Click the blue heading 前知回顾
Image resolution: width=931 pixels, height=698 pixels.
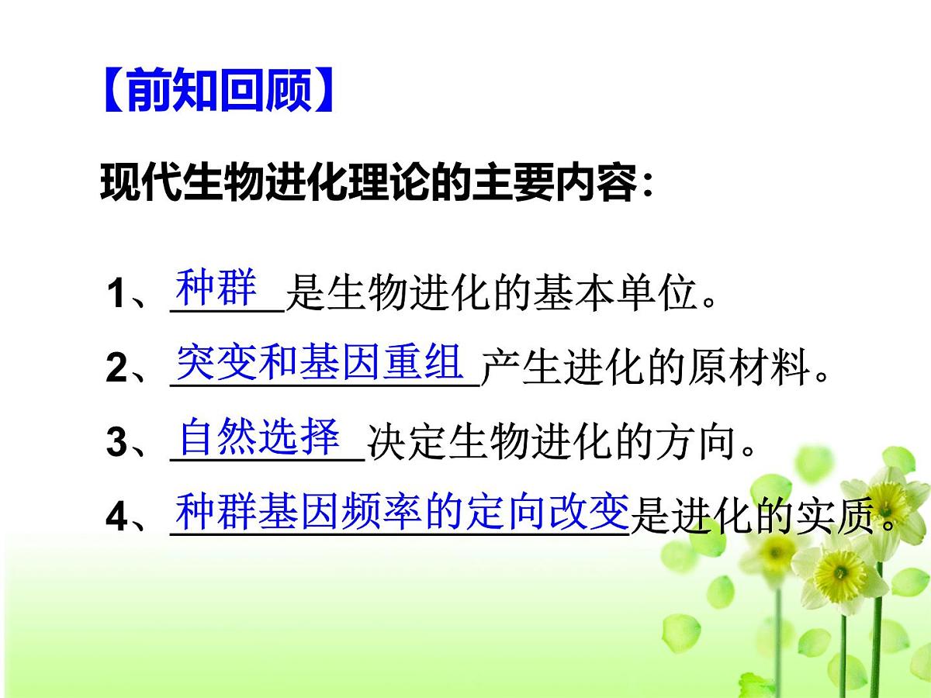point(220,93)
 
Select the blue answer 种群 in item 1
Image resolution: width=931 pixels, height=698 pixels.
point(216,289)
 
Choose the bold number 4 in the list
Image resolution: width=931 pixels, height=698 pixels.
point(116,518)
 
